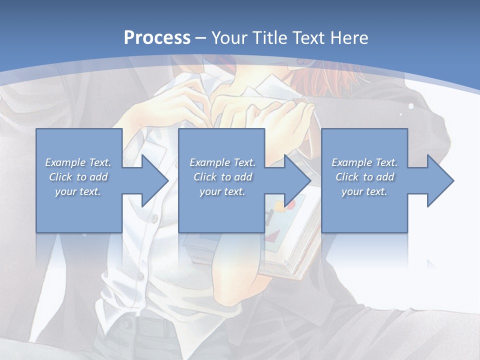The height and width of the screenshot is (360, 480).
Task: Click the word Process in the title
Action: click(157, 37)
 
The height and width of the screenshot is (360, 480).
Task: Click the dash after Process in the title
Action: click(201, 38)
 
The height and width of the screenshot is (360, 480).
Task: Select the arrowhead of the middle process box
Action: click(296, 180)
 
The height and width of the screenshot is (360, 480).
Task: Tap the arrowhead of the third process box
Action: click(439, 180)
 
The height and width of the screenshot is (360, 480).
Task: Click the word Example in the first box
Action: click(65, 162)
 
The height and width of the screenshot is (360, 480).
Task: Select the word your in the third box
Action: click(352, 191)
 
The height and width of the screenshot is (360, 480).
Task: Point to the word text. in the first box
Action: click(90, 191)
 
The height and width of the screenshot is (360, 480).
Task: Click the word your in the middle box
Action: click(210, 191)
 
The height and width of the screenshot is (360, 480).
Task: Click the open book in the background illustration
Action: click(295, 235)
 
